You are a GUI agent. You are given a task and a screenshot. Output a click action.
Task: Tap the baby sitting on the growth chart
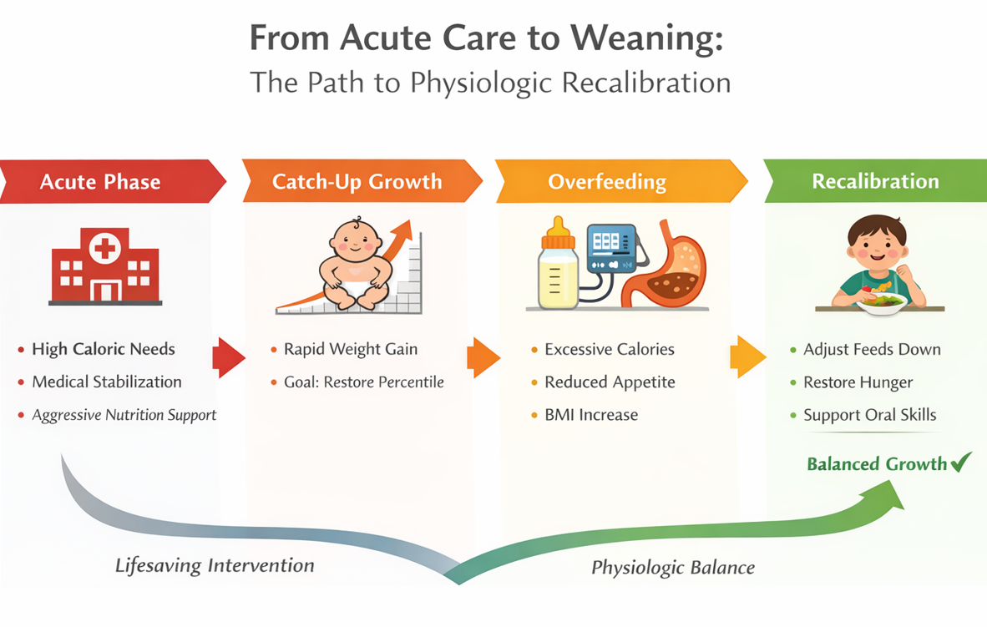[x=355, y=264]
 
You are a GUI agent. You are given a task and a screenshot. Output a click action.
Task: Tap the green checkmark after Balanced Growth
[x=961, y=462]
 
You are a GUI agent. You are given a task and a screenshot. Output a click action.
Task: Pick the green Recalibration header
[x=875, y=181]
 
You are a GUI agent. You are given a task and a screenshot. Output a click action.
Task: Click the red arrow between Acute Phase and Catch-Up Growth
[x=228, y=358]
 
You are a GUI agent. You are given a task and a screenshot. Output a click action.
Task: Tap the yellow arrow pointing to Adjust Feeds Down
[x=747, y=357]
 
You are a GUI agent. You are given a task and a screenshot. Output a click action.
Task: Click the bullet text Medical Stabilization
[x=107, y=382]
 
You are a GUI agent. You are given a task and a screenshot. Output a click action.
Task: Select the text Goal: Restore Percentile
[x=364, y=382]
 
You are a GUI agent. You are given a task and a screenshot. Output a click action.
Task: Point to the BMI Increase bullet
[x=591, y=415]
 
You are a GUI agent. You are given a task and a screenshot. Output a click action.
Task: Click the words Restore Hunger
[x=858, y=382]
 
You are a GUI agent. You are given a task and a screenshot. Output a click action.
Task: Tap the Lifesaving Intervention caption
[x=215, y=566]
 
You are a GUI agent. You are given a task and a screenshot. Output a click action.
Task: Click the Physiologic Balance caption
[x=673, y=568]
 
